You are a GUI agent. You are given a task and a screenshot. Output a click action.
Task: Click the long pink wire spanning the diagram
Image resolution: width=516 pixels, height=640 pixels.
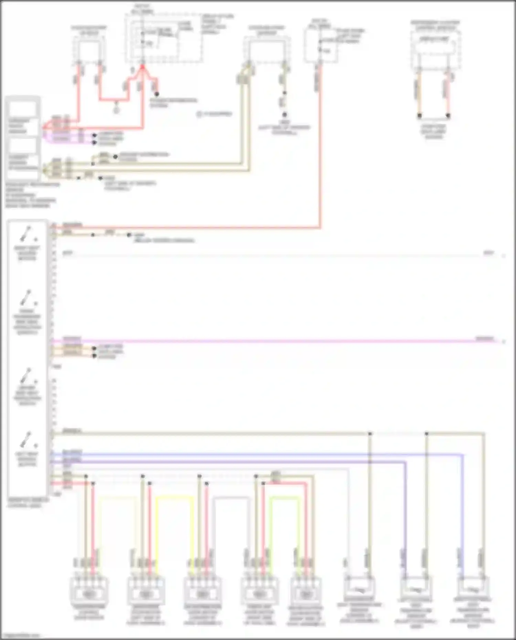point(275,341)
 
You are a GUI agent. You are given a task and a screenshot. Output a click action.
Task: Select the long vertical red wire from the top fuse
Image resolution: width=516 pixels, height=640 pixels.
point(320,155)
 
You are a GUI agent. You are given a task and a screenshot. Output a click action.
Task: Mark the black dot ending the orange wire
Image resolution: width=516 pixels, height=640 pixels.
point(419,116)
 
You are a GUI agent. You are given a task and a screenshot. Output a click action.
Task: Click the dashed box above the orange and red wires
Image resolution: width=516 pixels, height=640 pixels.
point(435,52)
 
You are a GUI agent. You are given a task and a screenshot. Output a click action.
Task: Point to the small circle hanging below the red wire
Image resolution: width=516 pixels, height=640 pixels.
point(116,111)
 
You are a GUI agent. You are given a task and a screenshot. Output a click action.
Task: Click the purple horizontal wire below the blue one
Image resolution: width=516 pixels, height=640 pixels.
point(241,462)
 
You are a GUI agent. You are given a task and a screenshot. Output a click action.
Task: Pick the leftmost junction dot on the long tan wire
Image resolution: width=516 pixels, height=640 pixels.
point(370,434)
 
